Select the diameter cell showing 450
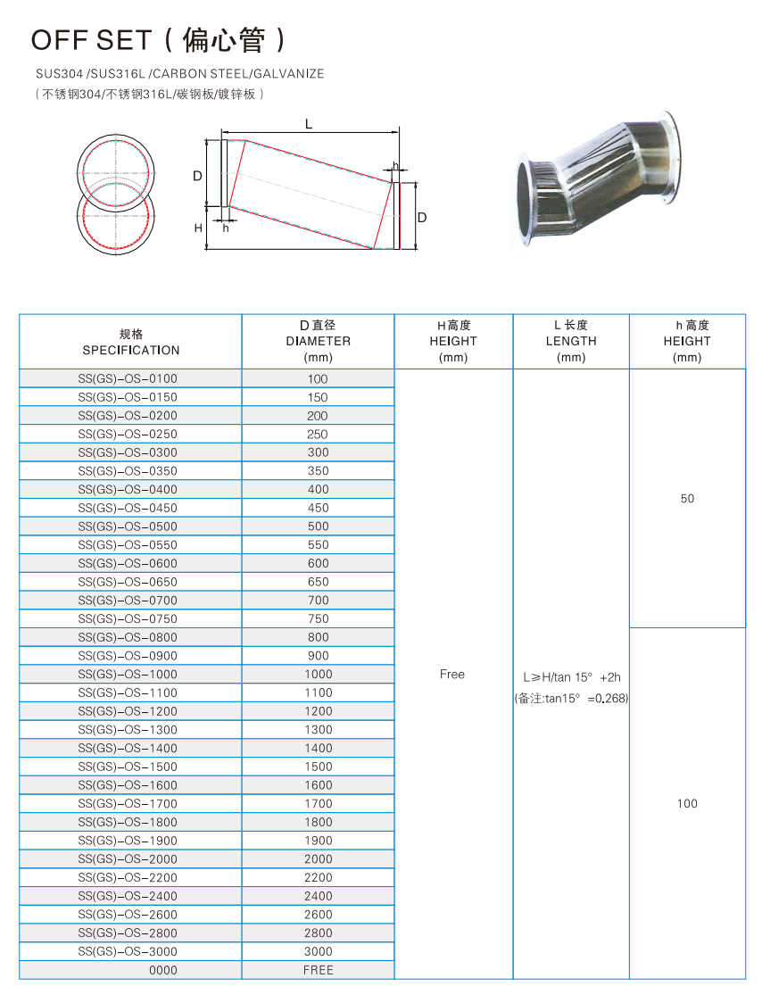pyautogui.click(x=318, y=508)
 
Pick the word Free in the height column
pyautogui.click(x=452, y=675)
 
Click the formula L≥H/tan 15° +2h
pyautogui.click(x=571, y=677)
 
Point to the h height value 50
pyautogui.click(x=687, y=499)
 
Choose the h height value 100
pyautogui.click(x=687, y=804)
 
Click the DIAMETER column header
pyautogui.click(x=318, y=341)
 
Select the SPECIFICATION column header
pyautogui.click(x=131, y=350)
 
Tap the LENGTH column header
pyautogui.click(x=571, y=341)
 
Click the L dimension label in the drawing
pyautogui.click(x=309, y=125)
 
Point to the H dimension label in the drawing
pyautogui.click(x=198, y=228)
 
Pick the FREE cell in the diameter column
pyautogui.click(x=318, y=970)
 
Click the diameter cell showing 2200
pyautogui.click(x=318, y=877)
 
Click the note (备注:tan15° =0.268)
pyautogui.click(x=571, y=699)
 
